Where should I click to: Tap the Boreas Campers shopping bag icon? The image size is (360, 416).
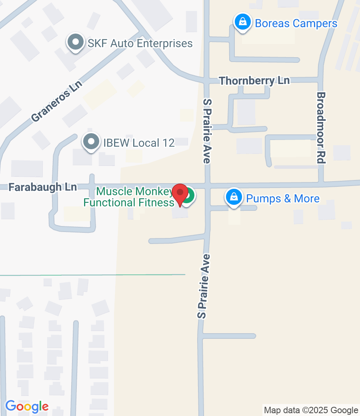[242, 22]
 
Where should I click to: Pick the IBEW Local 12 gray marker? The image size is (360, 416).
[91, 142]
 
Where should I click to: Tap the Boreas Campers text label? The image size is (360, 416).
[296, 24]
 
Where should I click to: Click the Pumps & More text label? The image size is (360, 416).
[283, 198]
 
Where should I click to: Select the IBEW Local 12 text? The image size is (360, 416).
[139, 143]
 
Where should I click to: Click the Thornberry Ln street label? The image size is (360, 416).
[254, 81]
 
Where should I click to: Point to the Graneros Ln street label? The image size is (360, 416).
[57, 102]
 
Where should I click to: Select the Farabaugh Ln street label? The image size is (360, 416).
[37, 187]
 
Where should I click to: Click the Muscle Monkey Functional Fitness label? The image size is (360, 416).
[129, 197]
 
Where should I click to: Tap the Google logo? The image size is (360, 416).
[27, 406]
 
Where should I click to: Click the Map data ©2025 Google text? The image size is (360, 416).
[311, 410]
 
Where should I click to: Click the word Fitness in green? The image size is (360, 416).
[154, 203]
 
